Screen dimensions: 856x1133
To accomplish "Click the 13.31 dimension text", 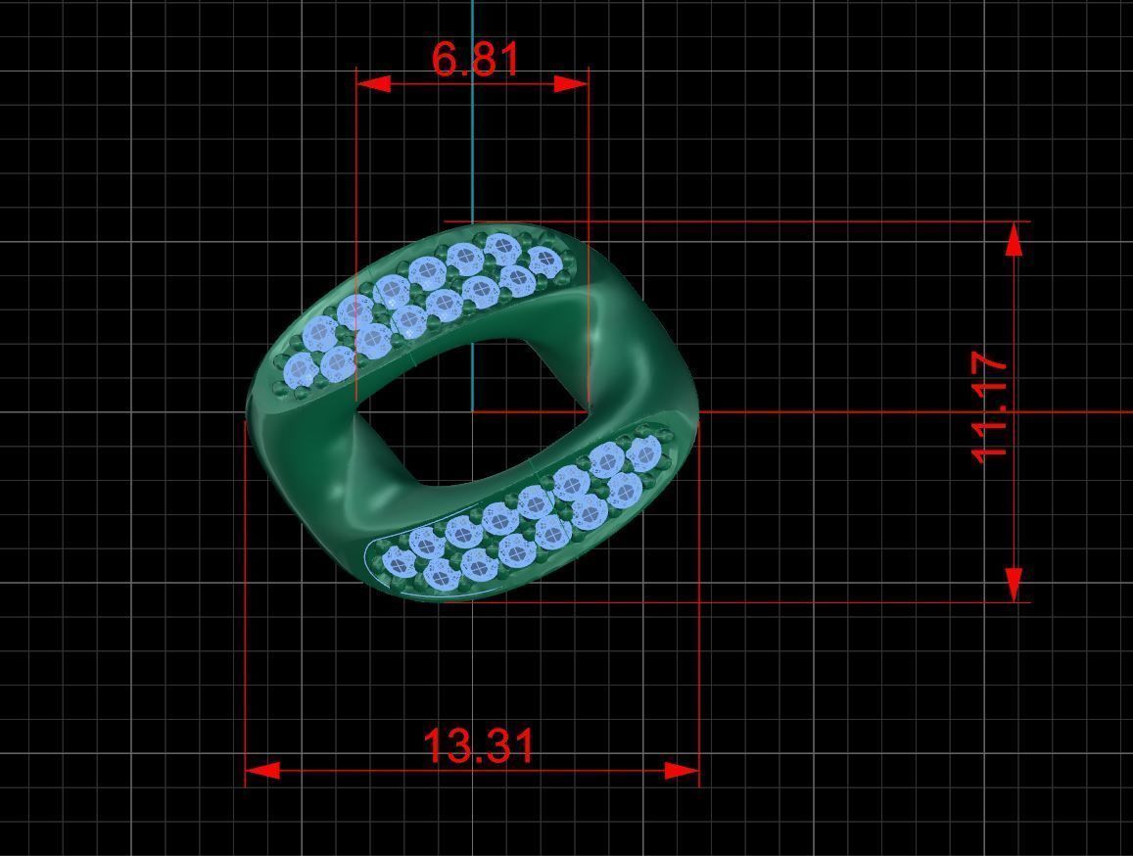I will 479,746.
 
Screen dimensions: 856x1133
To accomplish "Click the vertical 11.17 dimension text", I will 990,408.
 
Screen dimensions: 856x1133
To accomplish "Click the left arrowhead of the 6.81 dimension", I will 373,83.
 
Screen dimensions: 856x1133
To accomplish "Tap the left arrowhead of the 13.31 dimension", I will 261,771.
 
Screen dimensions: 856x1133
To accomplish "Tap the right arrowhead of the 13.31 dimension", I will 682,771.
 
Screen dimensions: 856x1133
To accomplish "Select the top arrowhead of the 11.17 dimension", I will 1015,239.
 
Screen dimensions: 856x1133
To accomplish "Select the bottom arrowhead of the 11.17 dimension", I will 1015,584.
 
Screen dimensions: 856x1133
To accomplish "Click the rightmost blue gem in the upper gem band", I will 543,261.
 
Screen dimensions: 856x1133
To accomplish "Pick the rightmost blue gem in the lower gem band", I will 643,453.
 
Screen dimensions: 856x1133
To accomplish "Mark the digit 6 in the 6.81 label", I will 446,60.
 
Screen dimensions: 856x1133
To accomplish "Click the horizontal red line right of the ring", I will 881,411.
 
